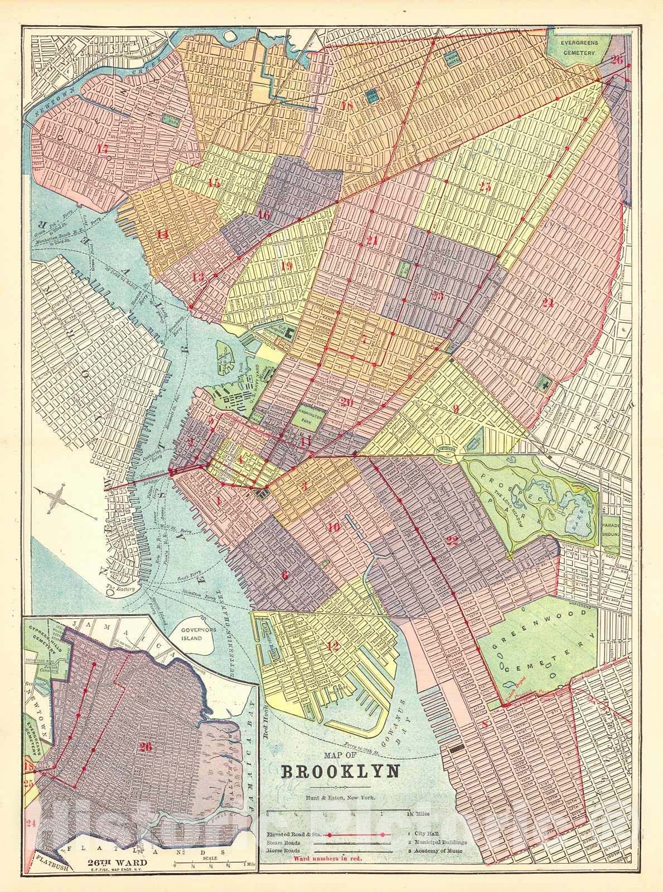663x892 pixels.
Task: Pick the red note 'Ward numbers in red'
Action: (328, 859)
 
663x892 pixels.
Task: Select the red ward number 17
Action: (102, 149)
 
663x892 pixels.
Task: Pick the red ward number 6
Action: (285, 576)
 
